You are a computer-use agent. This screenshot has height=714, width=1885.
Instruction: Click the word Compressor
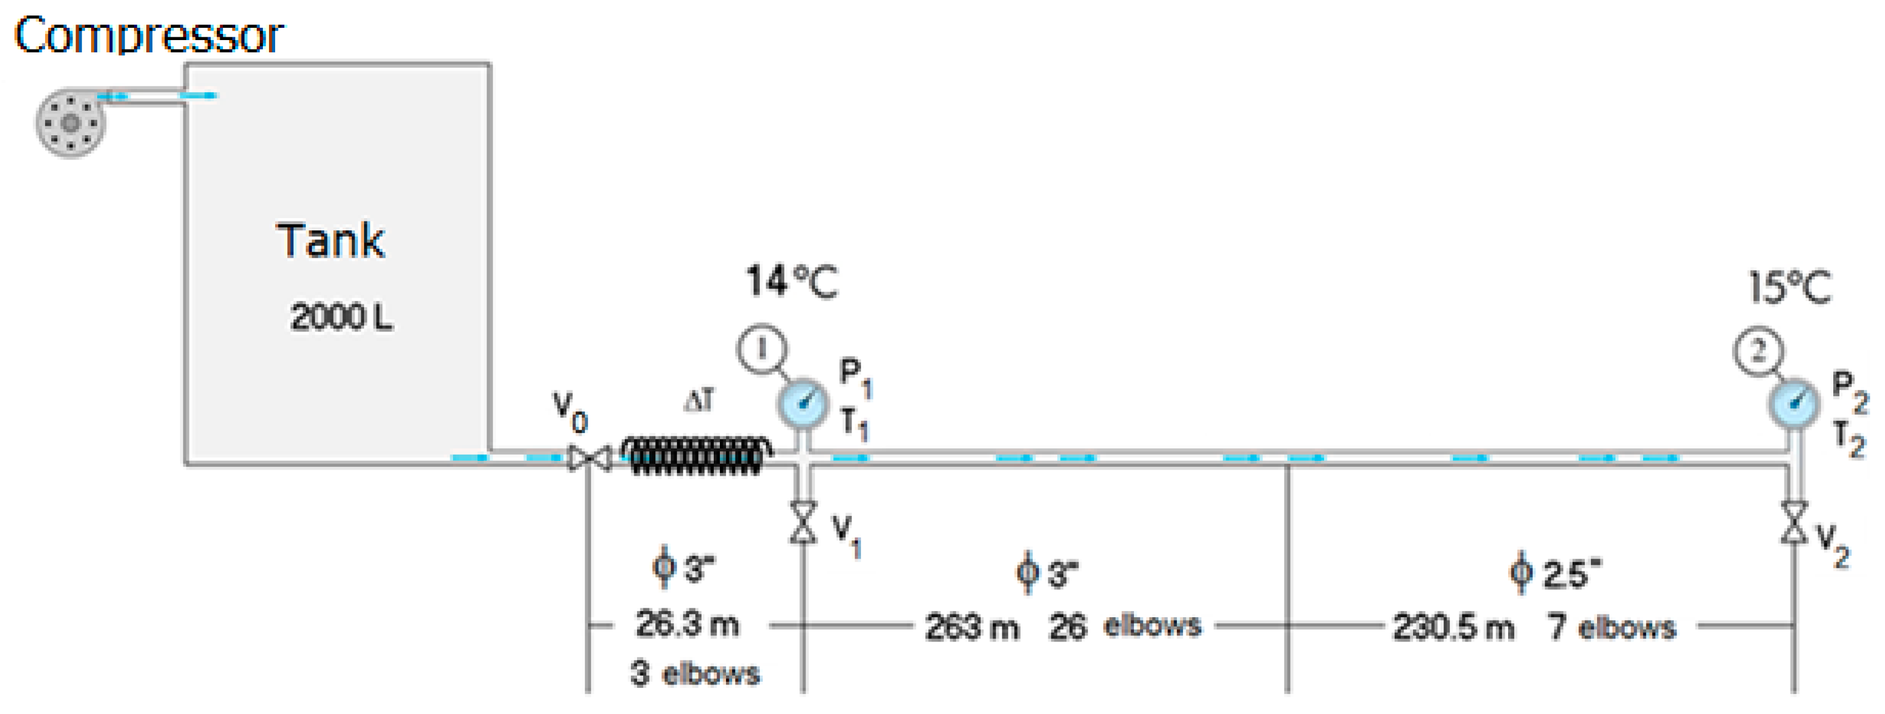[x=148, y=35]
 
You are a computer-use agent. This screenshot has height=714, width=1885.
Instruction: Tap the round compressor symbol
[x=70, y=123]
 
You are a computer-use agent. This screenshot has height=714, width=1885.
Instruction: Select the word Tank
[x=330, y=241]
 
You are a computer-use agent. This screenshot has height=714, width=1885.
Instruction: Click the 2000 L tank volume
[x=341, y=317]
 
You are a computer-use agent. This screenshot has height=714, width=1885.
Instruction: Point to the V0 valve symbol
[x=590, y=459]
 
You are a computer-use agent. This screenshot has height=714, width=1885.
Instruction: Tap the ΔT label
[x=699, y=401]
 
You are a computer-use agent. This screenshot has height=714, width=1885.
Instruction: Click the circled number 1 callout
[x=762, y=349]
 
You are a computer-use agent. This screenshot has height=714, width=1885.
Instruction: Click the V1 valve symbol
[x=803, y=522]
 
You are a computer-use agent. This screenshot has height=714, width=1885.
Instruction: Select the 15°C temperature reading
[x=1790, y=287]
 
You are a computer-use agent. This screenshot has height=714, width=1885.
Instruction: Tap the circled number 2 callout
[x=1758, y=352]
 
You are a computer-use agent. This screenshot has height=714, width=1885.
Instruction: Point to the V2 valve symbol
[x=1793, y=522]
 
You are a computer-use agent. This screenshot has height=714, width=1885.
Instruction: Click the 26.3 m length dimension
[x=687, y=624]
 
